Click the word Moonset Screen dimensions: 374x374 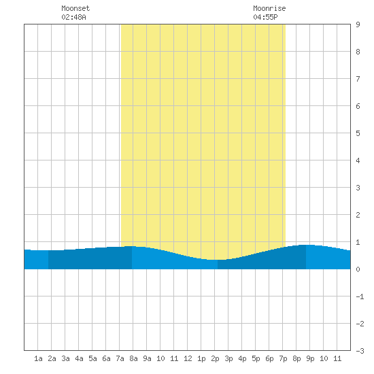coord(75,8)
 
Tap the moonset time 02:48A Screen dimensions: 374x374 coord(73,17)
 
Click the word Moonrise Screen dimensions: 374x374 coord(269,8)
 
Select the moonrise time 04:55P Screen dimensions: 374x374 coord(265,17)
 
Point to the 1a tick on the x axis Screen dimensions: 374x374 coord(38,358)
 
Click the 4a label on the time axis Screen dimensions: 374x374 coord(79,358)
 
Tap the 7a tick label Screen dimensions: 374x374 coord(120,358)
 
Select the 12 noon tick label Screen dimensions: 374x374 coord(188,358)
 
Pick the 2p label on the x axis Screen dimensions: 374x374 coord(215,358)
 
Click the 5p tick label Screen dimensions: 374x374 coord(256,358)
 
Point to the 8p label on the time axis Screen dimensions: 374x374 coord(296,358)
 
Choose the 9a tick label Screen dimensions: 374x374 coord(147,358)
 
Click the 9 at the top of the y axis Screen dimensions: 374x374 coord(358,24)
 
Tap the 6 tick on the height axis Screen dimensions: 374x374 coord(358,106)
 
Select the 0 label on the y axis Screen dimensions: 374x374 coord(358,269)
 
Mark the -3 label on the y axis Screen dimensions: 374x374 coord(360,351)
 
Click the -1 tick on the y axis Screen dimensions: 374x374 coord(360,296)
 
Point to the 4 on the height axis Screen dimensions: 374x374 coord(358,160)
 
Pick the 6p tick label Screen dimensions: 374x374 coord(269,358)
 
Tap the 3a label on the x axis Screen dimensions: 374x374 coord(65,358)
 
